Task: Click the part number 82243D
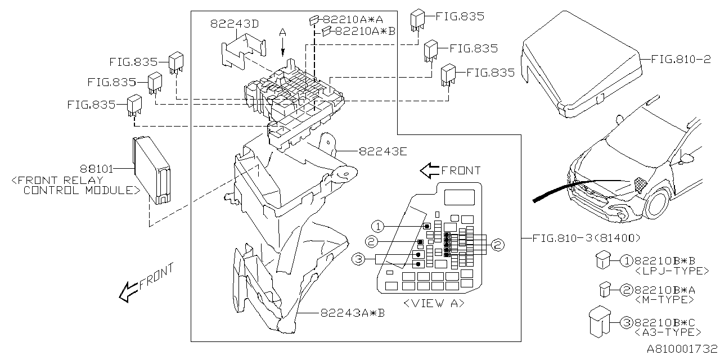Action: coord(235,24)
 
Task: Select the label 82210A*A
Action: coord(353,20)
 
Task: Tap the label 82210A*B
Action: coord(365,31)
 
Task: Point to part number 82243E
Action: coord(383,151)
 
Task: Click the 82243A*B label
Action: coord(353,313)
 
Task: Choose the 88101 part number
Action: coord(96,169)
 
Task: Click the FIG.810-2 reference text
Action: coord(681,60)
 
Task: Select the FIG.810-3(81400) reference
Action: coord(586,238)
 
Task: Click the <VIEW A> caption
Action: coord(434,303)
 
